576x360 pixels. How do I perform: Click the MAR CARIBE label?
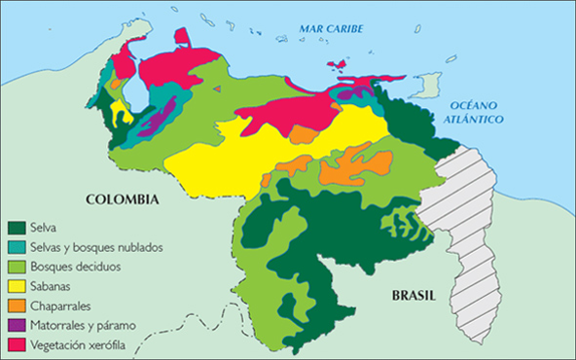coord(330,29)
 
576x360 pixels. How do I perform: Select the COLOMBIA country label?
coord(122,199)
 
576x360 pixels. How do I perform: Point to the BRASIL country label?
coord(400,296)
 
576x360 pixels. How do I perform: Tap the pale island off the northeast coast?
coord(424,87)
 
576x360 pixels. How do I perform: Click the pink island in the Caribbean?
coord(338,65)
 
